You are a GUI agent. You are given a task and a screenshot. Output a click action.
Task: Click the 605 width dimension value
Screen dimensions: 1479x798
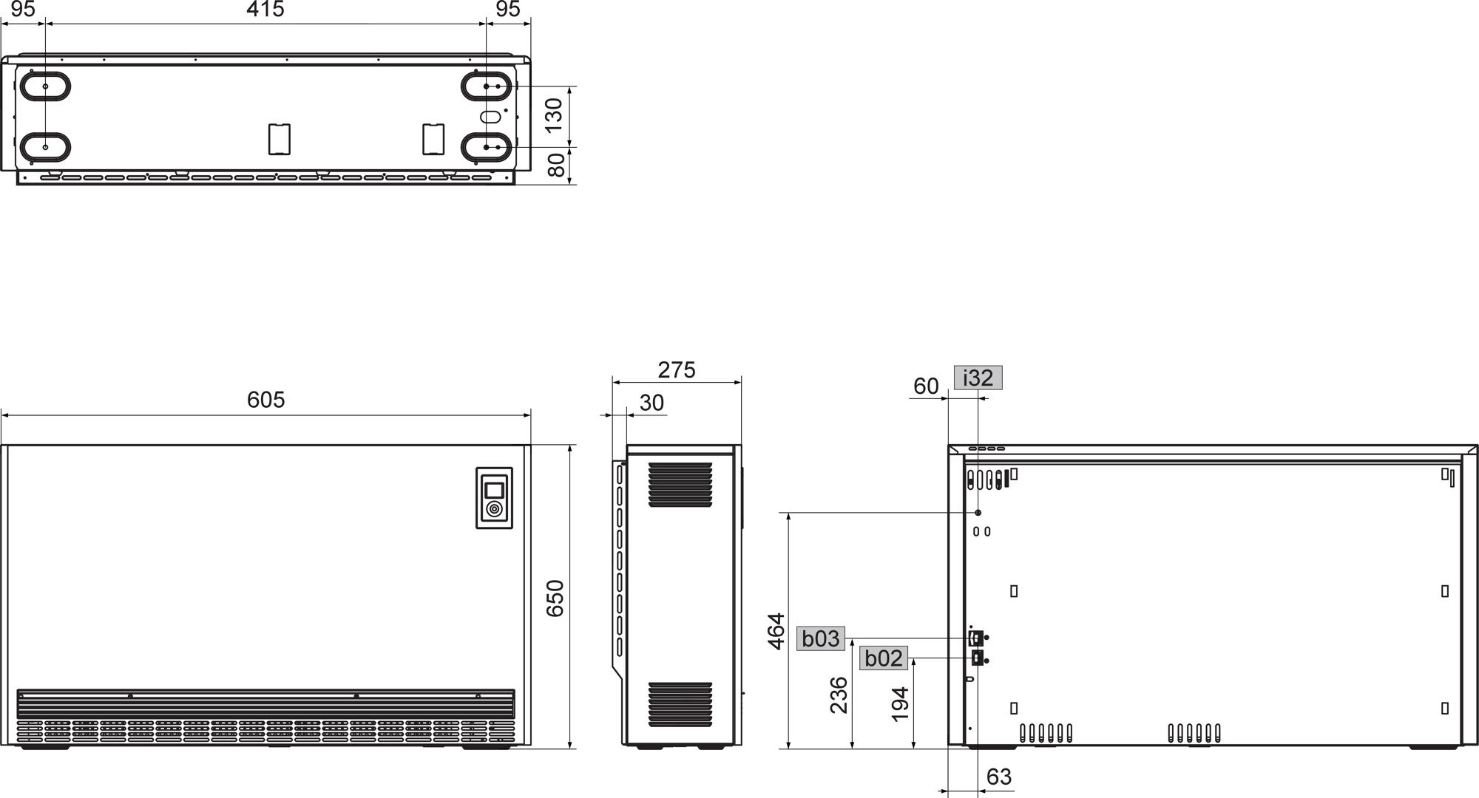(265, 400)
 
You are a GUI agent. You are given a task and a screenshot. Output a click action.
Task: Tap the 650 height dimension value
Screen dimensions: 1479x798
(555, 598)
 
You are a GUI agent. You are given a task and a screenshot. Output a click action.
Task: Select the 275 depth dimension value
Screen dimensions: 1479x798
(677, 369)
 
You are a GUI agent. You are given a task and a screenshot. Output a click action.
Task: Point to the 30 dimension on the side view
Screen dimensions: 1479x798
(651, 403)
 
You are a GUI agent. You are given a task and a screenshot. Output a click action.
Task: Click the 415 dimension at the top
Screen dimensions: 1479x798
(265, 10)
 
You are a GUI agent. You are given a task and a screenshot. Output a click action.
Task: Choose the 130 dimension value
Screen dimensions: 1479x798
(555, 115)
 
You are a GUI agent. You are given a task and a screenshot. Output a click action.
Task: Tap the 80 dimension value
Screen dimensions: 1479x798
(557, 165)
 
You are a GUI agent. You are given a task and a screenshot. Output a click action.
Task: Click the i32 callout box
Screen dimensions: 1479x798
(978, 378)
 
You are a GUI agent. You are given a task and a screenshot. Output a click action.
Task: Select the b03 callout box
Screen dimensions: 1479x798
(821, 638)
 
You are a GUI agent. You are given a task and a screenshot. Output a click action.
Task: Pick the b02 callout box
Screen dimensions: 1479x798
(884, 658)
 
